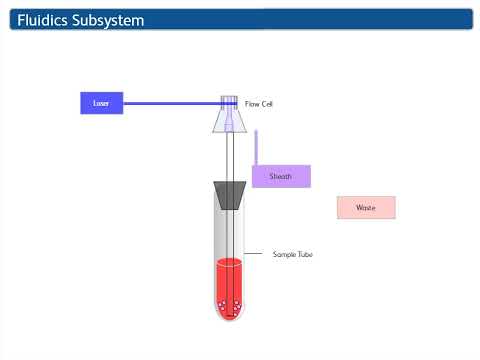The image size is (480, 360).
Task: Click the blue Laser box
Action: coord(100,103)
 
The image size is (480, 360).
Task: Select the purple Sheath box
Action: coord(281,176)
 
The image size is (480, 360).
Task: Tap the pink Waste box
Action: coord(366,208)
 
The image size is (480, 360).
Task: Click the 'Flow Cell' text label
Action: coord(259,103)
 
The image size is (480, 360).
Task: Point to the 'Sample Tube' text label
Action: coord(293,254)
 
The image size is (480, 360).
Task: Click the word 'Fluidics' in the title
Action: coord(50,20)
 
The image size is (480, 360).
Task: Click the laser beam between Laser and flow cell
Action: coord(170,102)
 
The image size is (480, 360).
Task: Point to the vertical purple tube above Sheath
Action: coord(256,146)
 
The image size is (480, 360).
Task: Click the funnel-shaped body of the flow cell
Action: coord(229,120)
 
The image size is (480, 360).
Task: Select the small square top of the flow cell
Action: coord(229,101)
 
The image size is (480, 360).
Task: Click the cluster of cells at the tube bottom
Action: coord(229,305)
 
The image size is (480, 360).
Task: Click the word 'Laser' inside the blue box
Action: coord(100,103)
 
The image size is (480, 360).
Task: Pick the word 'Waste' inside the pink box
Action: coord(366,208)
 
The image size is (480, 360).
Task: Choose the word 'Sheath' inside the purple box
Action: coord(281,176)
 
